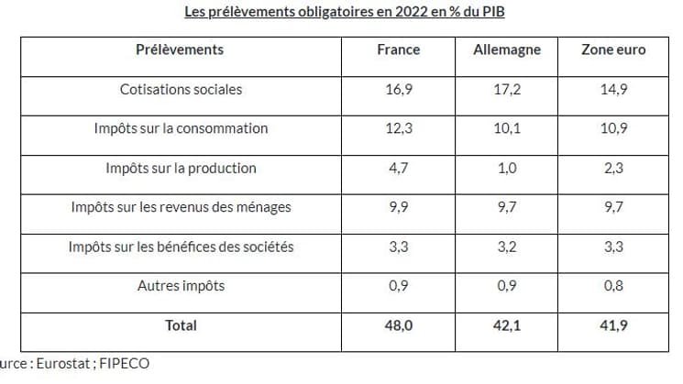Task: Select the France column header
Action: [x=399, y=49]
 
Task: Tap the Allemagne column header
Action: [x=507, y=49]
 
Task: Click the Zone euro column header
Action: [x=613, y=49]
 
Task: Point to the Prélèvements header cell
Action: [x=180, y=49]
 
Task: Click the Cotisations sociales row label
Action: [x=181, y=89]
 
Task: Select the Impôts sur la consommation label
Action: [x=181, y=128]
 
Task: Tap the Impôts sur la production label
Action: [x=181, y=168]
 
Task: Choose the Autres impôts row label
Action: [x=181, y=285]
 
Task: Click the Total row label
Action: [x=181, y=324]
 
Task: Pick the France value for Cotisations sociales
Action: [x=399, y=89]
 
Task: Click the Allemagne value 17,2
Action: [x=507, y=89]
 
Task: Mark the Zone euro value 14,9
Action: [x=613, y=89]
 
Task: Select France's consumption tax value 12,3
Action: [x=399, y=128]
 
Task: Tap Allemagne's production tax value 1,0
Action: [x=507, y=168]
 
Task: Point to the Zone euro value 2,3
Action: [x=613, y=168]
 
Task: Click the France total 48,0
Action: [x=399, y=324]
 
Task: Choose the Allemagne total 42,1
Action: [x=507, y=324]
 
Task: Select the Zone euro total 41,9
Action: [x=613, y=324]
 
